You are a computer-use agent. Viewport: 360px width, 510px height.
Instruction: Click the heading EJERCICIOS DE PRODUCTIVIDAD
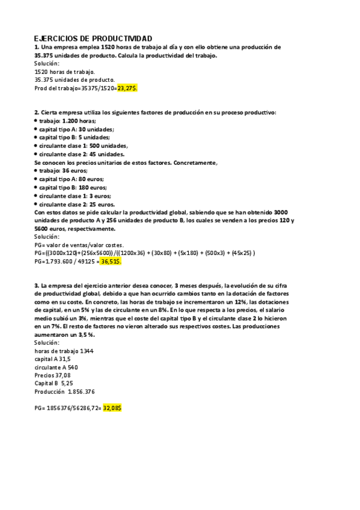[93, 38]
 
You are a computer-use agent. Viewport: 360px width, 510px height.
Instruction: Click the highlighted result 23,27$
[127, 88]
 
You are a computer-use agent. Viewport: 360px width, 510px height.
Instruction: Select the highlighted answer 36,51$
[111, 262]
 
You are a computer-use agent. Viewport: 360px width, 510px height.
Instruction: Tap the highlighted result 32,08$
[112, 408]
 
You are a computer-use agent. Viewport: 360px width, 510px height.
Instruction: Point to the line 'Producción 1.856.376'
[64, 392]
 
